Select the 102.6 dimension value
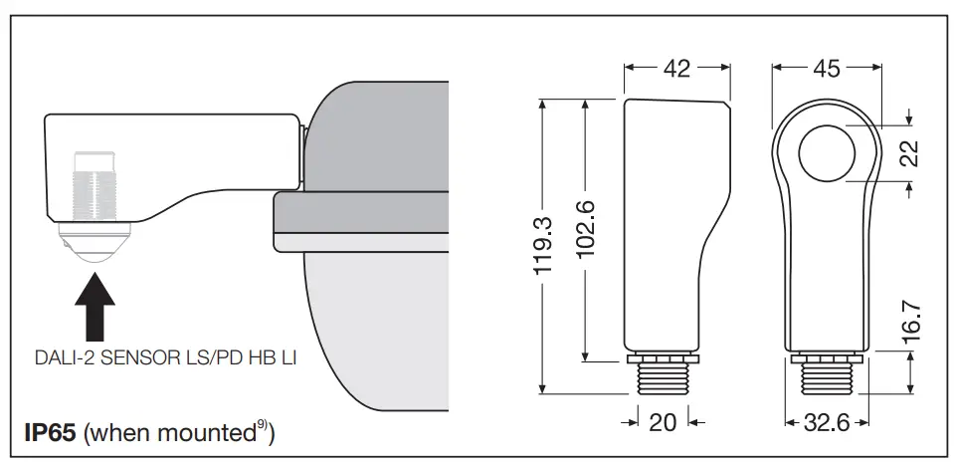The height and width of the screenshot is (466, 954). pyautogui.click(x=586, y=229)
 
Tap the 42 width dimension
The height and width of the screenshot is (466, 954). pyautogui.click(x=677, y=68)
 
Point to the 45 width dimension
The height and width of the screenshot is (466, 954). pyautogui.click(x=827, y=68)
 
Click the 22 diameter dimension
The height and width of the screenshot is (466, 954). pyautogui.click(x=908, y=153)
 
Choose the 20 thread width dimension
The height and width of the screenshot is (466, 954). pyautogui.click(x=663, y=422)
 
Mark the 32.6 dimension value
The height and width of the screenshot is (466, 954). pyautogui.click(x=827, y=422)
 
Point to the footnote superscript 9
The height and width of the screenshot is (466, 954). pyautogui.click(x=259, y=428)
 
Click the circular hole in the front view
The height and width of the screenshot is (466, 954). pyautogui.click(x=827, y=151)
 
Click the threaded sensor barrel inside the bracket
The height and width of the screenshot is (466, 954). pyautogui.click(x=94, y=195)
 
